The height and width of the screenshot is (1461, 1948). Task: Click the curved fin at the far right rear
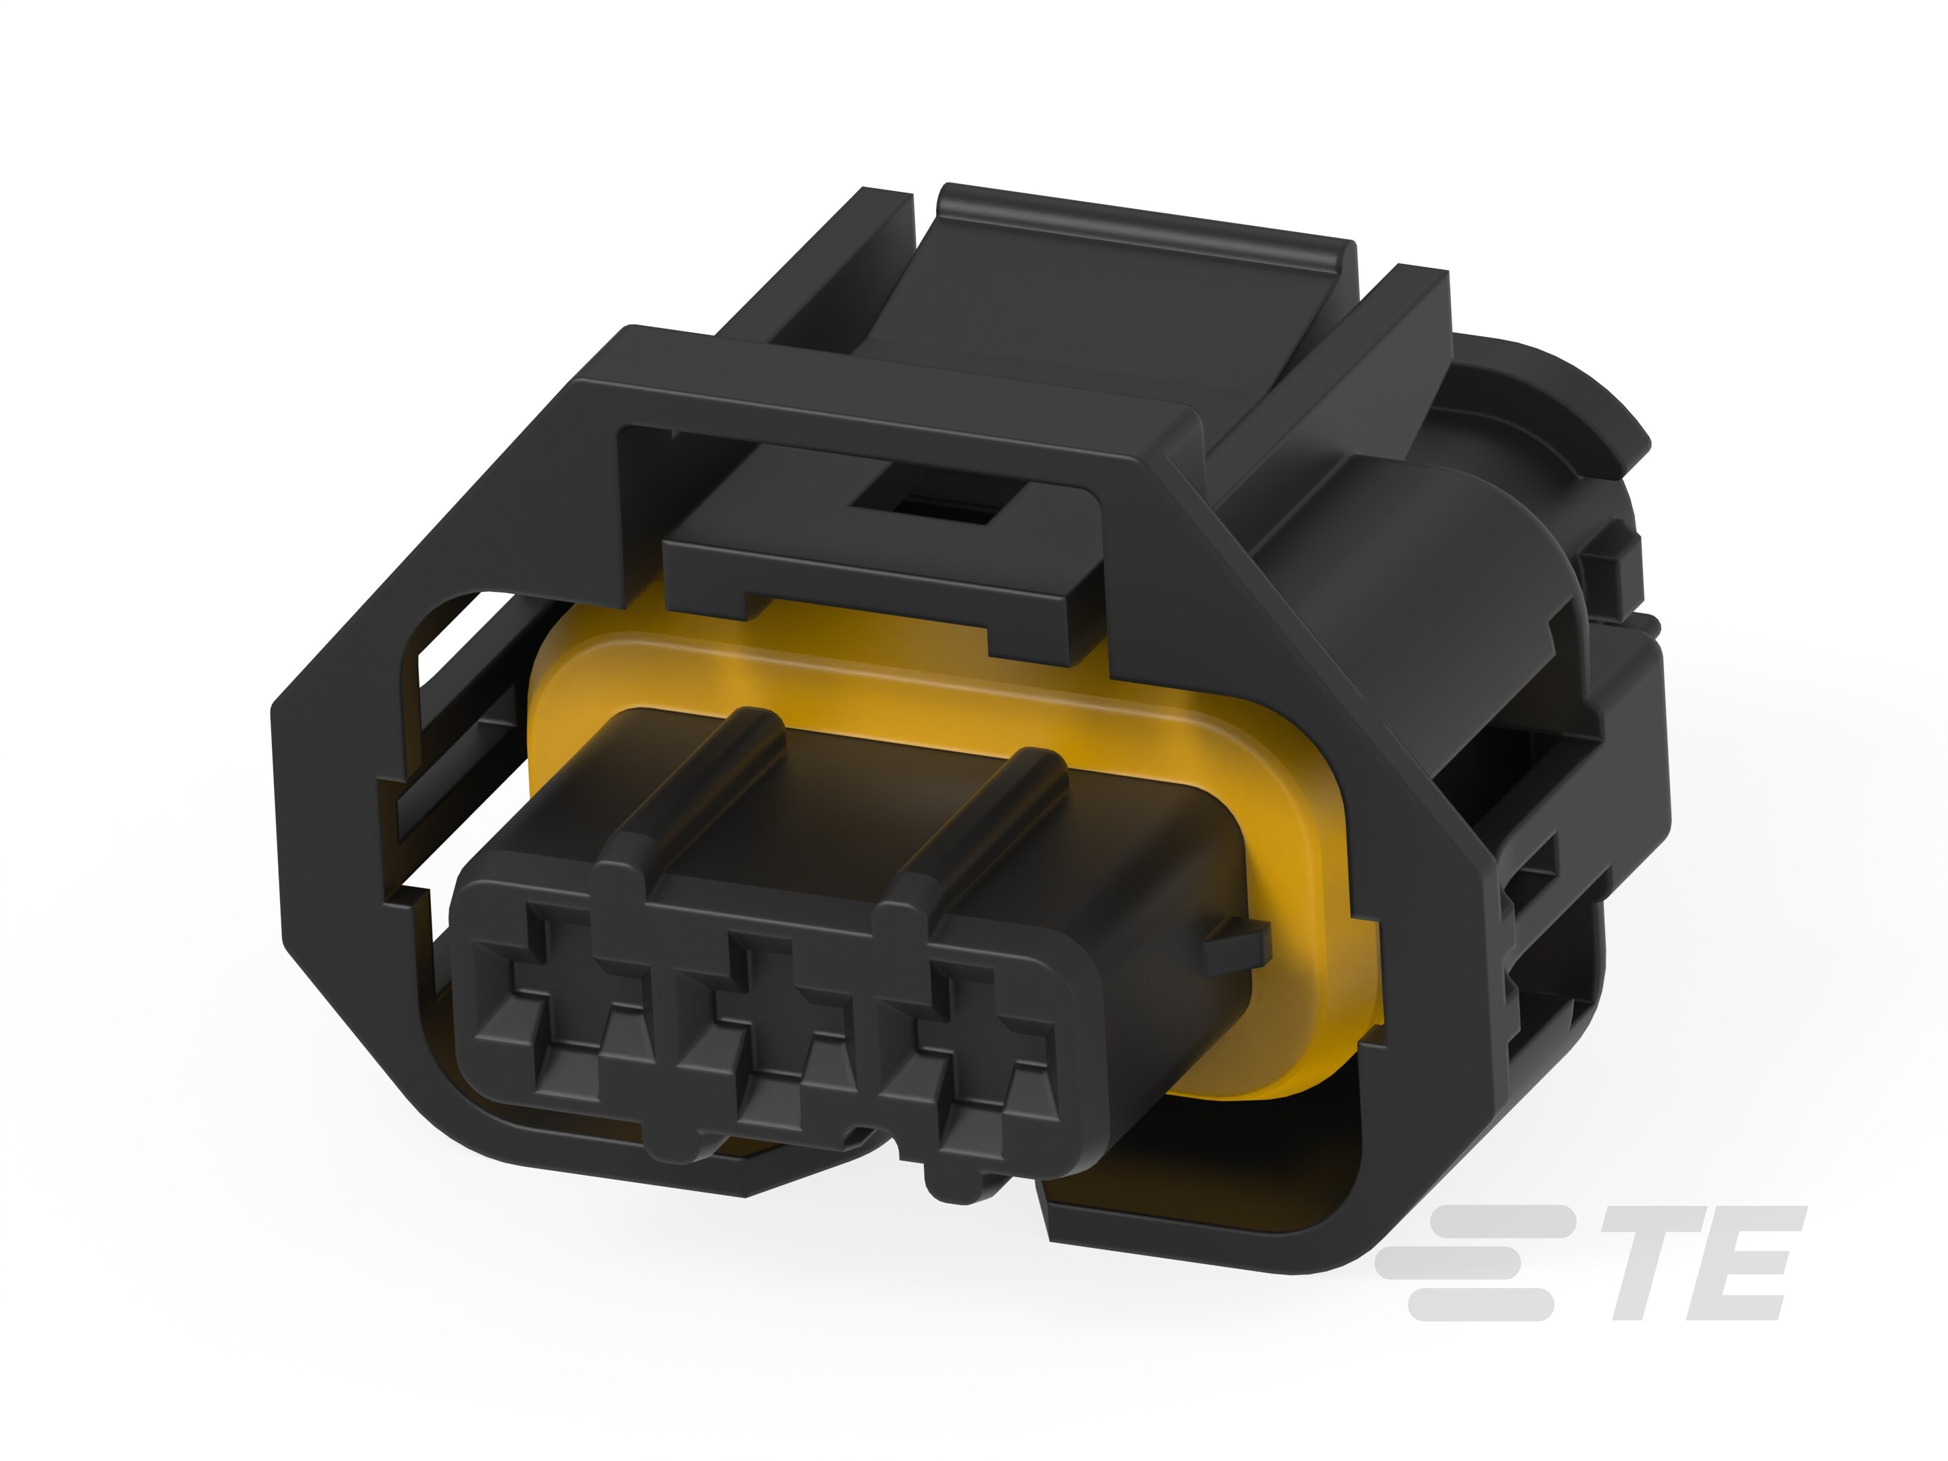click(x=1612, y=414)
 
